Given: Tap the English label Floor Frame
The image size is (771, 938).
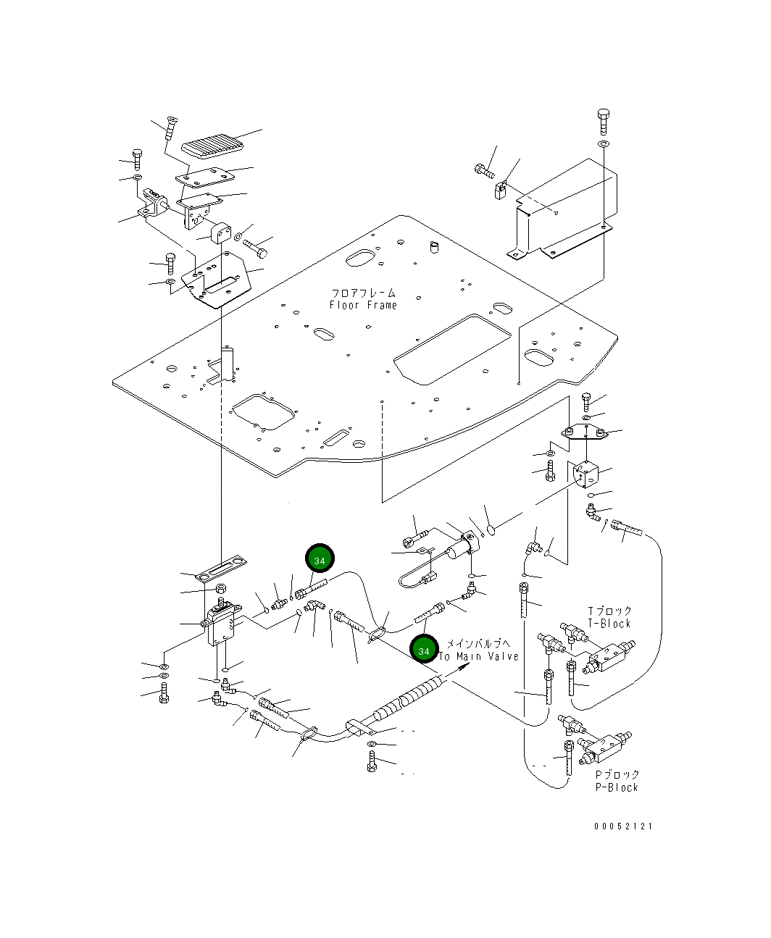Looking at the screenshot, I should click(363, 306).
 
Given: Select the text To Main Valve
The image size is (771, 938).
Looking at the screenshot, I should click(479, 656).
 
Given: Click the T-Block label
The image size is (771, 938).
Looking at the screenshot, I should click(609, 624).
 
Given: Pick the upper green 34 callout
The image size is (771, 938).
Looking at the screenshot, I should click(320, 559).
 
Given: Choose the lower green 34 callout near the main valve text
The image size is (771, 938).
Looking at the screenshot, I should click(423, 650).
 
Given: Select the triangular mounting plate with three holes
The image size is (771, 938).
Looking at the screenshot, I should click(583, 432).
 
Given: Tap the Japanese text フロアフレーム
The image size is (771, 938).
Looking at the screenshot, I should click(363, 293).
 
